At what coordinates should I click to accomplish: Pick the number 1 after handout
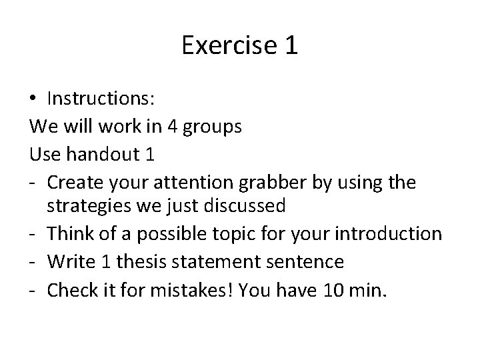(149, 154)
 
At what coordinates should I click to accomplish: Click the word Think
(73, 234)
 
